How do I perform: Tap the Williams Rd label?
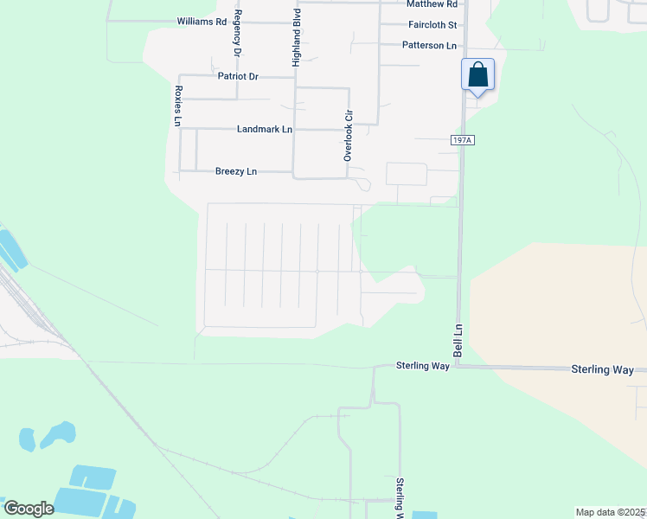point(201,21)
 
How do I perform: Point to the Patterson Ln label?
point(429,45)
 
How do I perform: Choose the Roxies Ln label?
point(177,106)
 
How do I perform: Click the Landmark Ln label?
point(265,130)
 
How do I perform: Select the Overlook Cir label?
point(349,136)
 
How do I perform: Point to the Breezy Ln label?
point(236,171)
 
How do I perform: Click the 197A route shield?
point(463,139)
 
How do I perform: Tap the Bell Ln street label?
point(458,341)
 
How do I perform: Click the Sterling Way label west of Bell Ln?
point(423,367)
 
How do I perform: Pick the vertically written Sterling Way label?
point(400,497)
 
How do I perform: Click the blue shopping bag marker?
point(478,75)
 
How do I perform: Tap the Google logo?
point(29,509)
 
